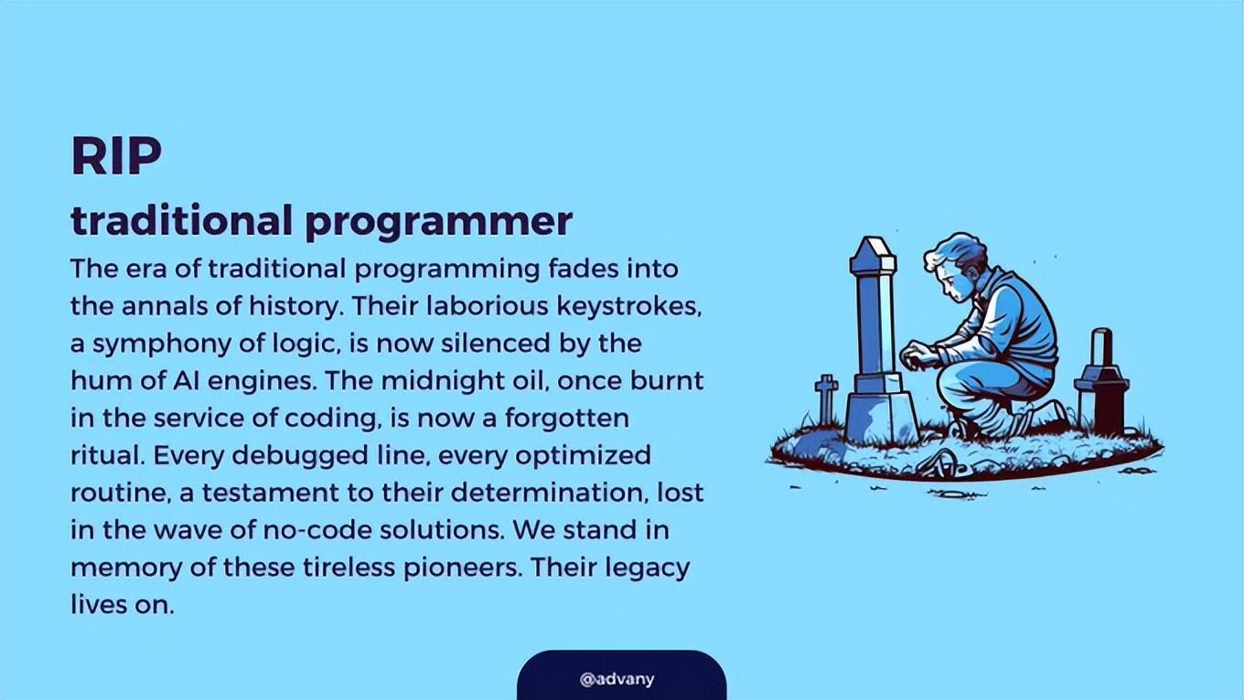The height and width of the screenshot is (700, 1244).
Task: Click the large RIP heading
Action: (x=116, y=156)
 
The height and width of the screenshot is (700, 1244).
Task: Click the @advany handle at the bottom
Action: (x=617, y=679)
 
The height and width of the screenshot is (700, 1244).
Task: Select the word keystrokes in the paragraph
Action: (x=629, y=306)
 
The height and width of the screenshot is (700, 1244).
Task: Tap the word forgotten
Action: (x=566, y=418)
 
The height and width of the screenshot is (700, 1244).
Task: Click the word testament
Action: (x=270, y=493)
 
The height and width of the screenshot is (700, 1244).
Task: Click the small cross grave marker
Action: (x=826, y=398)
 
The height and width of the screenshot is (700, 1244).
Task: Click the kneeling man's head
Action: (x=954, y=266)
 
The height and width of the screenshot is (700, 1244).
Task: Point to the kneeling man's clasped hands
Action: (x=917, y=356)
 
